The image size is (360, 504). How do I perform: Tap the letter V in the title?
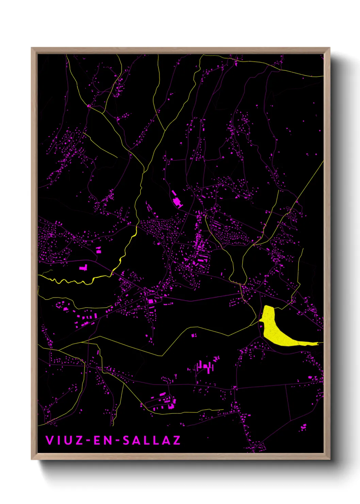[x=50, y=440]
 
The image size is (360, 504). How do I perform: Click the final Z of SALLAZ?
[x=176, y=440]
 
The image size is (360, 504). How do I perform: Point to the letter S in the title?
[x=127, y=440]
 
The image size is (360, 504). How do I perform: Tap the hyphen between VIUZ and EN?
[x=88, y=440]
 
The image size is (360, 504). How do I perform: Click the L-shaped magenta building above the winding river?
[x=83, y=268]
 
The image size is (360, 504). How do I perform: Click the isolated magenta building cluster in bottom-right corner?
[x=303, y=427]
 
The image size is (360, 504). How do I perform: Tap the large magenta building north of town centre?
[x=177, y=201]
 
